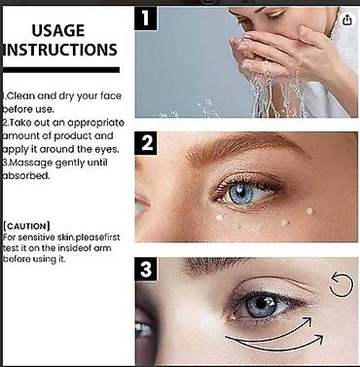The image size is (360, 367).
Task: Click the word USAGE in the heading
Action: (58, 30)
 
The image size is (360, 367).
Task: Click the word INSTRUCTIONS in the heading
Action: (60, 50)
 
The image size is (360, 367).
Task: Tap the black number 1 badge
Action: (146, 18)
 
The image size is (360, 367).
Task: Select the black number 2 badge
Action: (146, 143)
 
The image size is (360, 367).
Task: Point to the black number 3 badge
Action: (146, 269)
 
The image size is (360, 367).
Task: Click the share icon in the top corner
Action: (346, 20)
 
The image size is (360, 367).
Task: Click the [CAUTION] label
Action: (26, 226)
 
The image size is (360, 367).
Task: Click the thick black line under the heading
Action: (61, 70)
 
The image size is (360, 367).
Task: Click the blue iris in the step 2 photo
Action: (240, 193)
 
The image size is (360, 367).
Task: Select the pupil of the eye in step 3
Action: (261, 304)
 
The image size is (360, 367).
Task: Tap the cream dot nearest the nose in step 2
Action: (220, 217)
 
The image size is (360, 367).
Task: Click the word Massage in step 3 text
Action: (30, 163)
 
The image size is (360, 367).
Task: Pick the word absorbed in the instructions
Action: (26, 176)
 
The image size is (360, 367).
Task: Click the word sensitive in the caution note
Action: (37, 238)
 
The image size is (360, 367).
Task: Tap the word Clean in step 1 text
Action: (21, 96)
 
